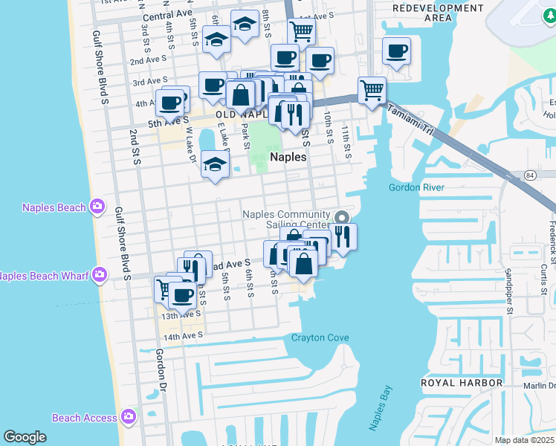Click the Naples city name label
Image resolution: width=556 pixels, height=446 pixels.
pyautogui.click(x=288, y=157)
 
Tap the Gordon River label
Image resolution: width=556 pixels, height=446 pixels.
pyautogui.click(x=416, y=187)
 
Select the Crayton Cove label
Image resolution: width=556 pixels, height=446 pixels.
pyautogui.click(x=320, y=337)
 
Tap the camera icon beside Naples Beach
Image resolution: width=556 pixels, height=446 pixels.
pyautogui.click(x=97, y=207)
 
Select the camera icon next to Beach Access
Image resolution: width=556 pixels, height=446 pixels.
pyautogui.click(x=128, y=417)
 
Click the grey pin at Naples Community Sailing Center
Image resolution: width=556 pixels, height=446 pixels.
pyautogui.click(x=342, y=218)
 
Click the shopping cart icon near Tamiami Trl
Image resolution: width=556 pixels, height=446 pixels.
pyautogui.click(x=372, y=91)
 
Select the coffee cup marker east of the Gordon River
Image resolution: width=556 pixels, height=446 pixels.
pyautogui.click(x=396, y=51)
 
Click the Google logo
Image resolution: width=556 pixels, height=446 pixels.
pyautogui.click(x=25, y=437)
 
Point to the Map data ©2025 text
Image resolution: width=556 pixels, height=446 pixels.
pyautogui.click(x=524, y=440)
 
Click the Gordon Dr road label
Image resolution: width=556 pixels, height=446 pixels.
pyautogui.click(x=161, y=369)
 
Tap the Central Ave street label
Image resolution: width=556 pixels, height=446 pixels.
pyautogui.click(x=167, y=16)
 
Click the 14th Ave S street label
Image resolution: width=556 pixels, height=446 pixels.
pyautogui.click(x=182, y=337)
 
